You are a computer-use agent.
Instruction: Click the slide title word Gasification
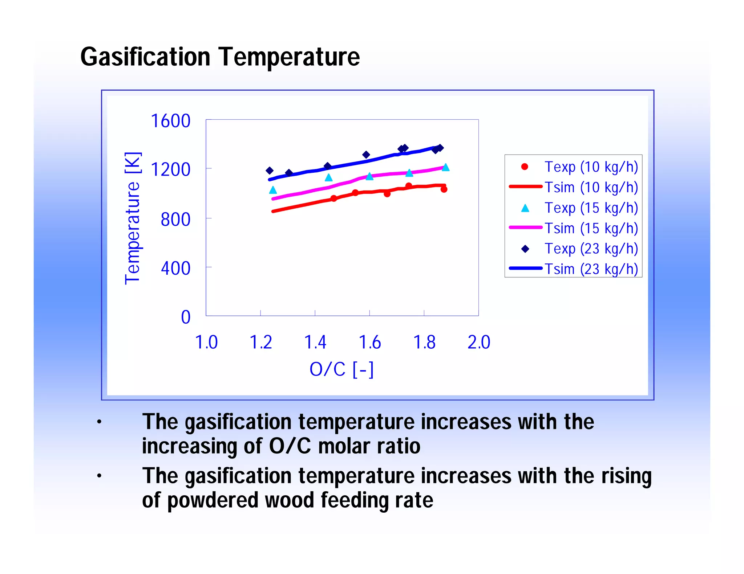[x=145, y=57]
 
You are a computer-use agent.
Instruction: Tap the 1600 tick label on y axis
[x=170, y=121]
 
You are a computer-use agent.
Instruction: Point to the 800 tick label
[x=175, y=220]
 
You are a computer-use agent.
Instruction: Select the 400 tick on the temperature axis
[x=175, y=268]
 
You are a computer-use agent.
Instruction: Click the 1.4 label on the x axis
[x=315, y=342]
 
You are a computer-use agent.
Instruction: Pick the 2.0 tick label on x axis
[x=478, y=342]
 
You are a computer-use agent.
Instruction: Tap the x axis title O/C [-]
[x=341, y=369]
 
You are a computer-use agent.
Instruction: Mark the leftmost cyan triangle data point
[x=273, y=190]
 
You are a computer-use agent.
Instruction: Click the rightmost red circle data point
[x=444, y=189]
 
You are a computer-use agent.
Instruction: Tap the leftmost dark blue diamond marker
[x=270, y=171]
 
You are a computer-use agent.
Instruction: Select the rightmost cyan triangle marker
[x=446, y=167]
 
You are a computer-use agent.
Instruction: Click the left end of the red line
[x=273, y=211]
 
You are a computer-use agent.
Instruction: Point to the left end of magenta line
[x=273, y=199]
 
